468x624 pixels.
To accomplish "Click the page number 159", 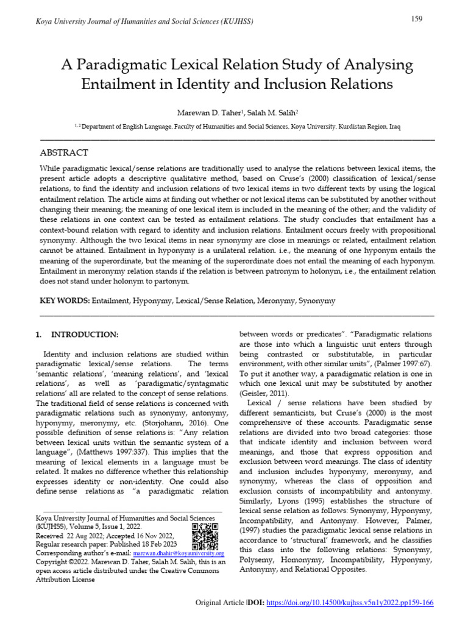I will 417,19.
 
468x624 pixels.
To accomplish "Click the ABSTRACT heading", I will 64,152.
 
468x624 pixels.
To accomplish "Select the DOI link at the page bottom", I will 351,603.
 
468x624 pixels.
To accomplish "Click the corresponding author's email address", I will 179,553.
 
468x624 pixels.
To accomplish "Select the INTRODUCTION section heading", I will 85,335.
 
